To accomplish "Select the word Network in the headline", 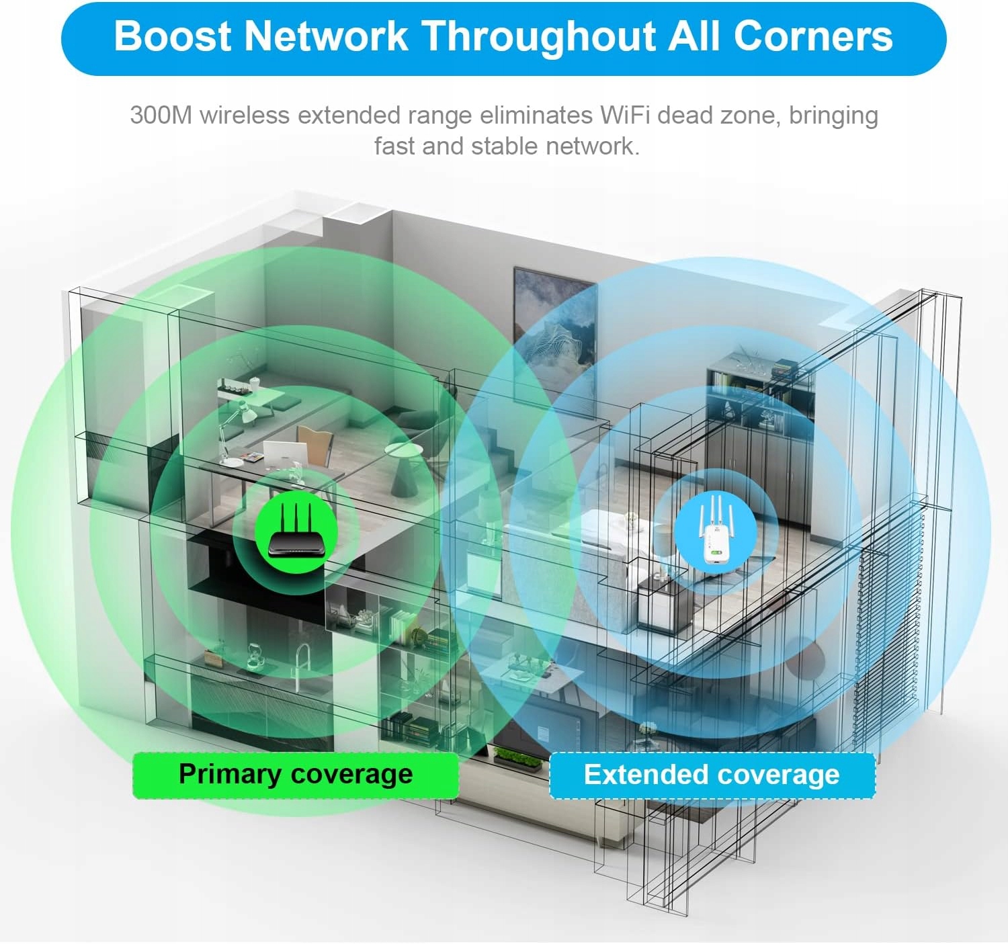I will pyautogui.click(x=326, y=36).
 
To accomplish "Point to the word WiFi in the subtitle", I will pyautogui.click(x=624, y=116).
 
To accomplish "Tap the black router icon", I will pyautogui.click(x=296, y=534).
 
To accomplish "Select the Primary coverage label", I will pyautogui.click(x=296, y=775).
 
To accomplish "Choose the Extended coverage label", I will pyautogui.click(x=712, y=775).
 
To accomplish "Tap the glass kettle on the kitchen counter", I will pyautogui.click(x=253, y=656).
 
